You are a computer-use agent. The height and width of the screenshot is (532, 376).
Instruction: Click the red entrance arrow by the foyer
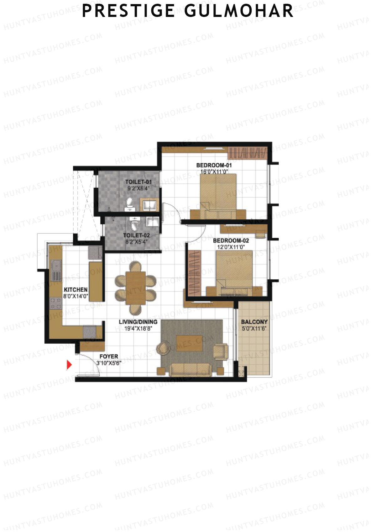[x=69, y=365]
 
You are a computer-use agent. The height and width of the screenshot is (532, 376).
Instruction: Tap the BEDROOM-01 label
[x=214, y=165]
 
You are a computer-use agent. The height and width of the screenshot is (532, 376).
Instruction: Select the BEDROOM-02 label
[x=231, y=241]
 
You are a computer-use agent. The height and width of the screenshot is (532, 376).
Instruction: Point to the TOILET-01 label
[x=138, y=182]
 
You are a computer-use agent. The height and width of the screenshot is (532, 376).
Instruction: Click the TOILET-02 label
[x=136, y=235]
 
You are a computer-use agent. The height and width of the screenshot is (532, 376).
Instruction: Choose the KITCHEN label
[x=76, y=290]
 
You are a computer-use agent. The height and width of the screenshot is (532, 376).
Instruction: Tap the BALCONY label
[x=254, y=322]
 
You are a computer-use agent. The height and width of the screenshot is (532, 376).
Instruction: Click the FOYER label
[x=109, y=356]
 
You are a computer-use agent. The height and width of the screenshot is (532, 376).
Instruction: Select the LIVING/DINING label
[x=138, y=322]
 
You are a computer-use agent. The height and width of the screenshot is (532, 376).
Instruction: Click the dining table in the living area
[x=136, y=288]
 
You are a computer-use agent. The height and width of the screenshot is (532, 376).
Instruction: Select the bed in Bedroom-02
[x=234, y=270]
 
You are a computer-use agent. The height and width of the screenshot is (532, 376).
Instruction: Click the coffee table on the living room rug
[x=189, y=343]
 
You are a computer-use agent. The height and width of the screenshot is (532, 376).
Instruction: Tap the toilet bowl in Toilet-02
[x=135, y=224]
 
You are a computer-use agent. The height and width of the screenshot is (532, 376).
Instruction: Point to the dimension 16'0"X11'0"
[x=214, y=172]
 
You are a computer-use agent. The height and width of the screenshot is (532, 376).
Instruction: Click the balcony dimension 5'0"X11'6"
[x=254, y=329]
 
